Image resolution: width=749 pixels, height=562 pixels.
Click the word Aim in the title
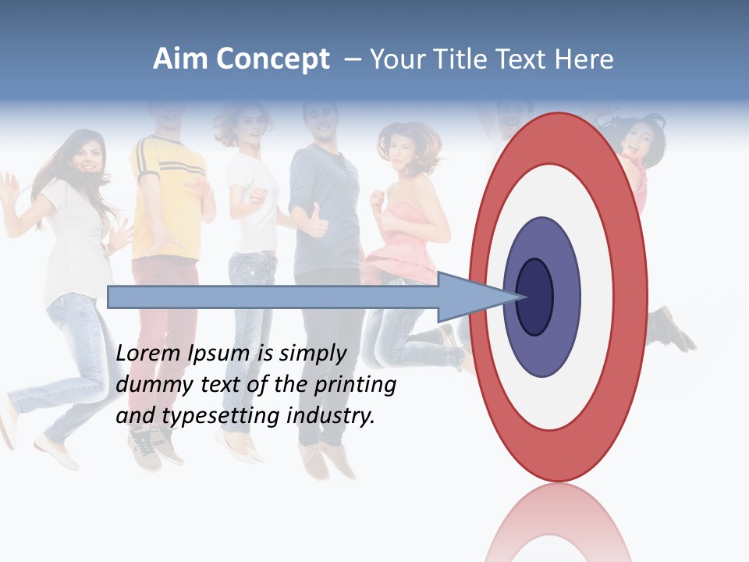click(180, 59)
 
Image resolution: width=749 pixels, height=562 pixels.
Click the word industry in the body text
click(331, 416)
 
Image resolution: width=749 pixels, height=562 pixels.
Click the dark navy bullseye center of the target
click(534, 297)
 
